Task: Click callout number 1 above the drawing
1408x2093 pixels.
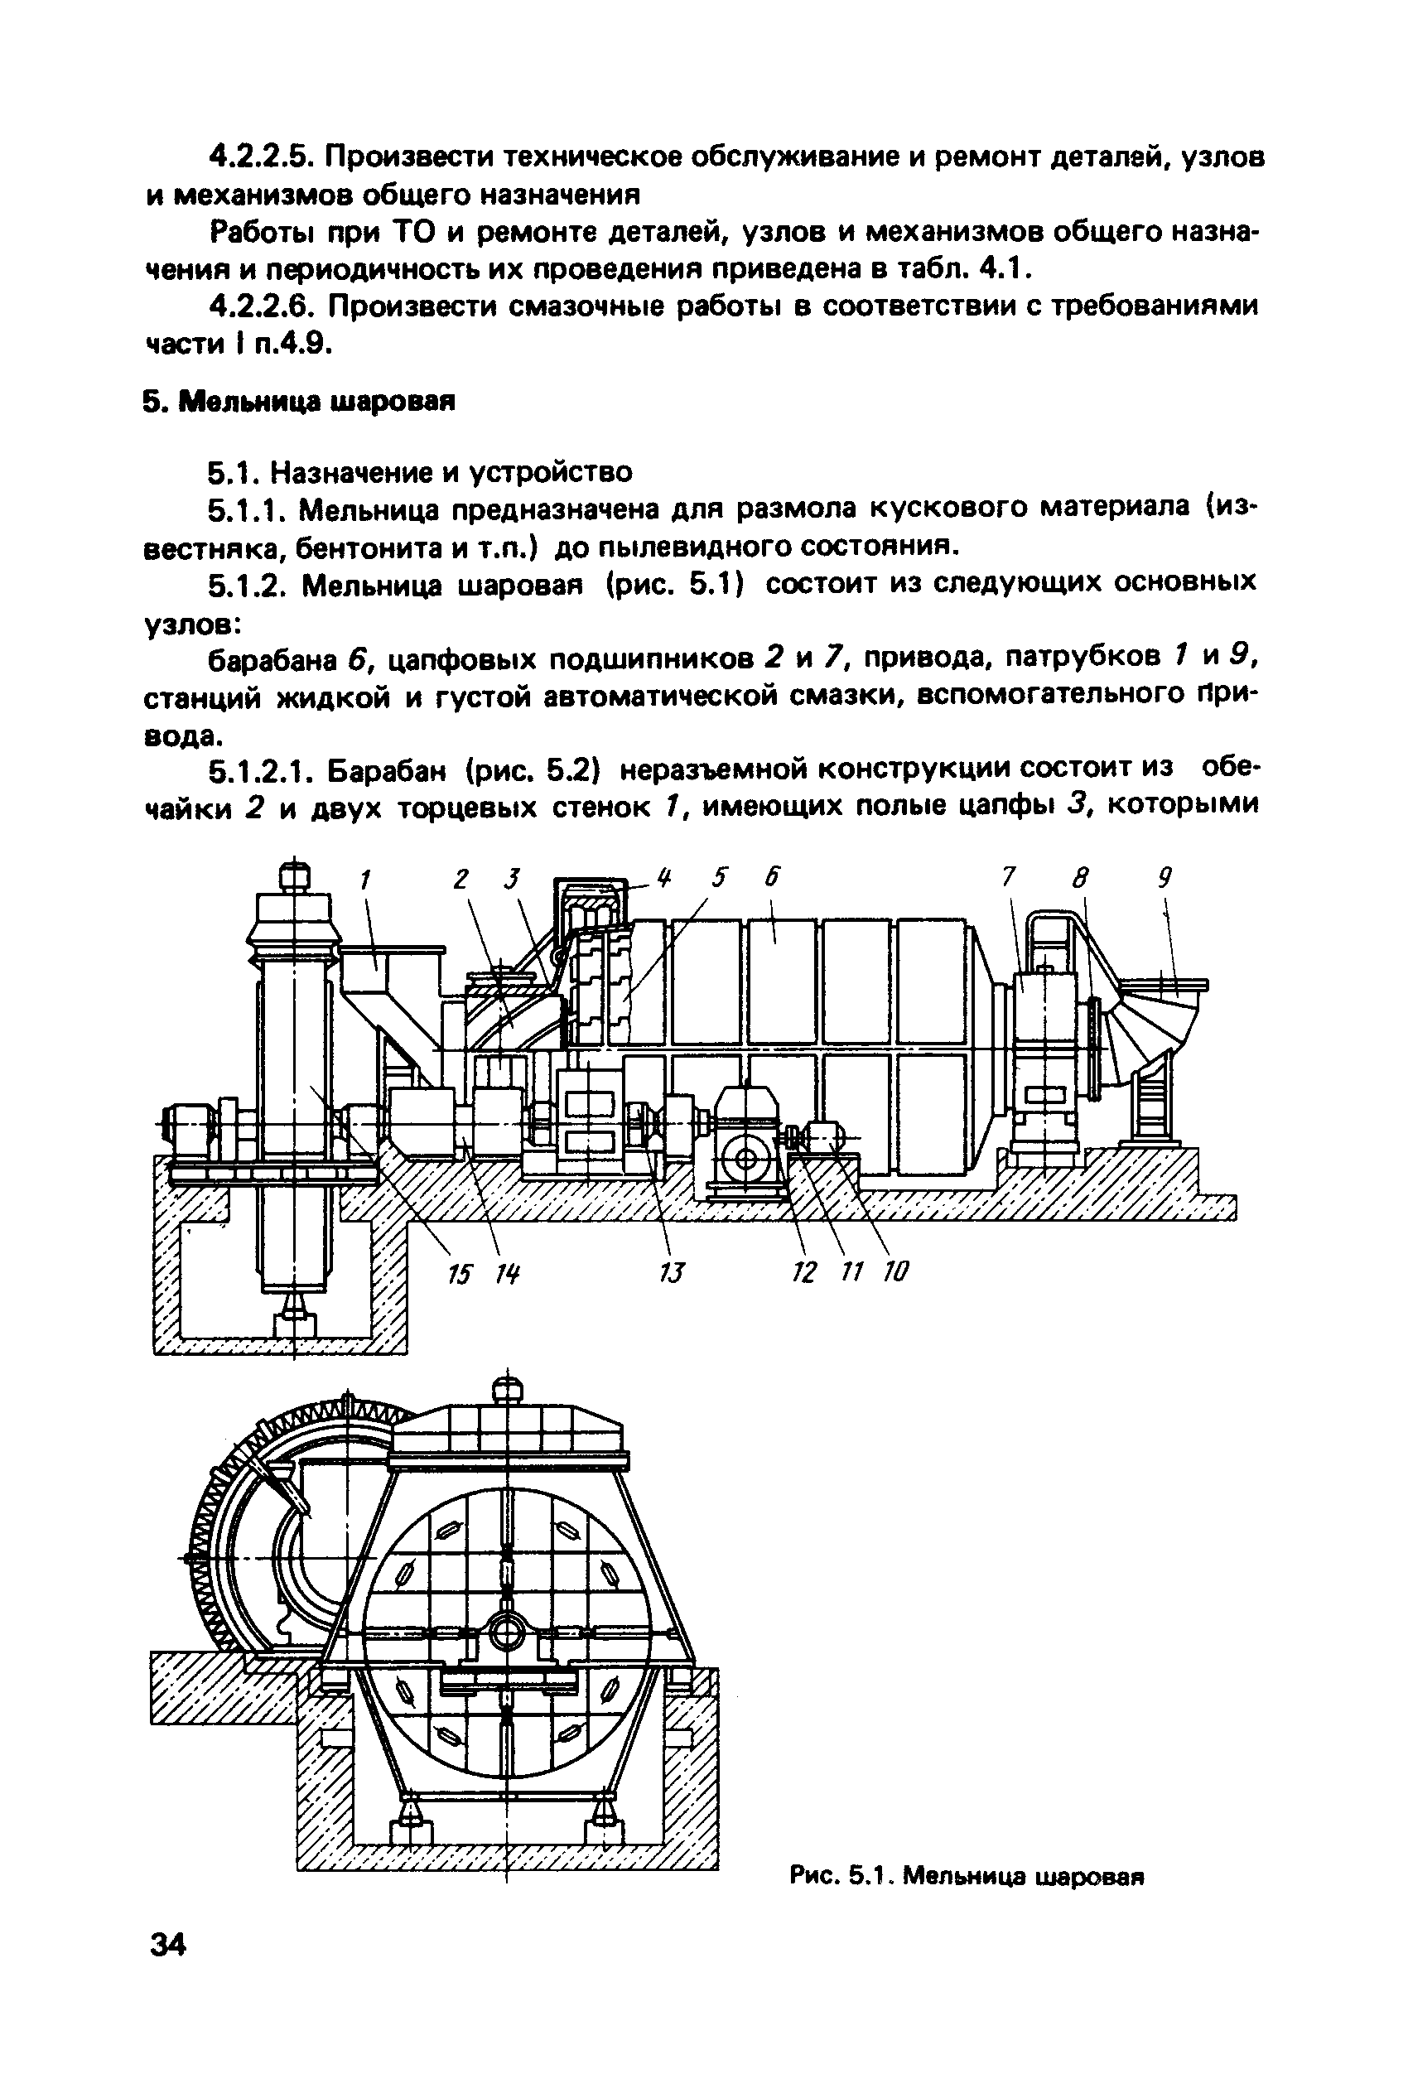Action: (364, 880)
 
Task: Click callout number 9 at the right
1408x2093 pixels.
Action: (1164, 878)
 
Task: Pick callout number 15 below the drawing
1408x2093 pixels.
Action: (459, 1272)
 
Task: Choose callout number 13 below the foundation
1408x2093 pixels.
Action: (672, 1272)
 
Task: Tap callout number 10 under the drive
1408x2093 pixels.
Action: (895, 1271)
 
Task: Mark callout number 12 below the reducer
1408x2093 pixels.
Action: (803, 1271)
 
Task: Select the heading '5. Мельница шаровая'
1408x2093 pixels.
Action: (299, 402)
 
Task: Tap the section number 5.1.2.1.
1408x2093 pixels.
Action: (260, 770)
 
